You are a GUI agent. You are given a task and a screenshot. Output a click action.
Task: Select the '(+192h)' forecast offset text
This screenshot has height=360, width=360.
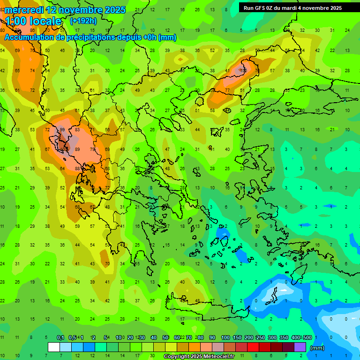coord(83,21)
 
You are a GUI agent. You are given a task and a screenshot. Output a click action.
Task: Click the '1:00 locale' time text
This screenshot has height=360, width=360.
coord(33,21)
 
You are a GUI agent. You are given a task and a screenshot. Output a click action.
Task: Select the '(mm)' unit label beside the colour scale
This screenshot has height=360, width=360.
coord(317,348)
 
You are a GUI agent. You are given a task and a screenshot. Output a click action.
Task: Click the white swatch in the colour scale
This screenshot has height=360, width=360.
coord(54,347)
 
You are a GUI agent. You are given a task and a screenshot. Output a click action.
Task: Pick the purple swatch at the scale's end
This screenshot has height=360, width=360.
coord(300,347)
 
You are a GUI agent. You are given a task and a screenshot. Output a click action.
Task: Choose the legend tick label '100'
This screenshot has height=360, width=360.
coord(225,338)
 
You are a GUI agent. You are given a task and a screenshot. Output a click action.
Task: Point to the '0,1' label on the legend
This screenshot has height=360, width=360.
coord(60,338)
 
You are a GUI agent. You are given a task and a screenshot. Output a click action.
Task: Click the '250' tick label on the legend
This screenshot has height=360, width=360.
coord(260,338)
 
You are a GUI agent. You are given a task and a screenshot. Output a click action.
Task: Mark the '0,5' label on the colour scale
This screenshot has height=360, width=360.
coord(72,338)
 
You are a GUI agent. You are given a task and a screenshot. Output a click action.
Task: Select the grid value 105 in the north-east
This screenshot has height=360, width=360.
coord(243,70)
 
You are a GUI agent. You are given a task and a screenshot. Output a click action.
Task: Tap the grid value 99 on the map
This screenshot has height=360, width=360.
coord(62,130)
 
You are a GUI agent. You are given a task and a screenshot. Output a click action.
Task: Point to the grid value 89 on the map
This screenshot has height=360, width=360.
coord(77,150)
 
